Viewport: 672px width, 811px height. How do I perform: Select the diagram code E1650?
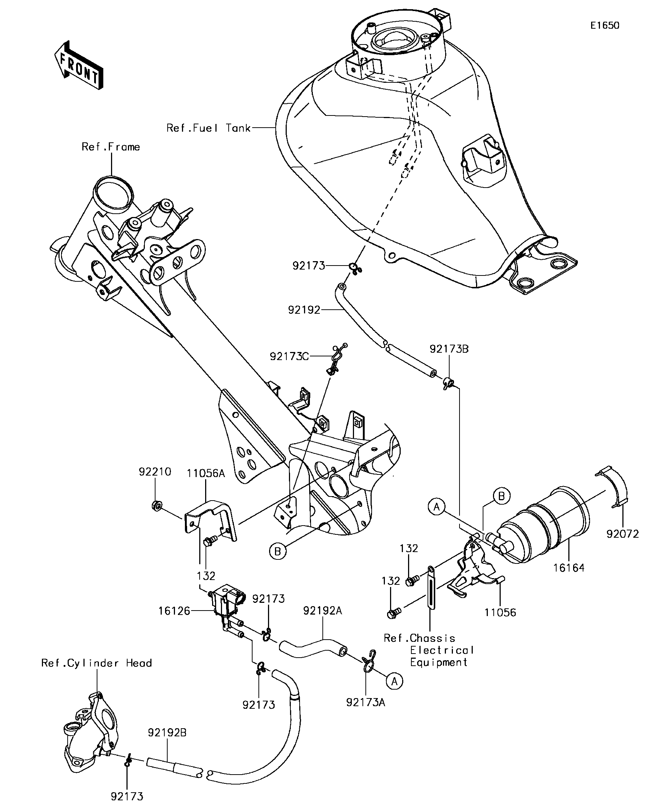coord(605,25)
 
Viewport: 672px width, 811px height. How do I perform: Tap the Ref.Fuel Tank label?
coord(208,128)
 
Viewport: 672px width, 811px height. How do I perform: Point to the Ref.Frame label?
coord(110,147)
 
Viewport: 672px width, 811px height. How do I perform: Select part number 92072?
coord(623,534)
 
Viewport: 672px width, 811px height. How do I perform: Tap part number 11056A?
coord(206,473)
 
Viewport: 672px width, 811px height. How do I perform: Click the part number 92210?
coord(155,472)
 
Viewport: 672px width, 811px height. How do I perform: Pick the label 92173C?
coord(289,356)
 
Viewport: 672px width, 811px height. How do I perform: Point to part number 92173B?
coord(449,349)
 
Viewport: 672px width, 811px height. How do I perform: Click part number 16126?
coord(174,611)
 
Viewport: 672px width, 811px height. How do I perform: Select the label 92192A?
coord(323,611)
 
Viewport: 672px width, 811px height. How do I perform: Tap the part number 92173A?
coord(365,702)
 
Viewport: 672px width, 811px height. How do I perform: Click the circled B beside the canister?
coord(501,496)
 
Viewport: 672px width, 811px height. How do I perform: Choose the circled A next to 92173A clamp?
coord(394,682)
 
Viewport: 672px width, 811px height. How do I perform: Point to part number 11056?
coord(500,612)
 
